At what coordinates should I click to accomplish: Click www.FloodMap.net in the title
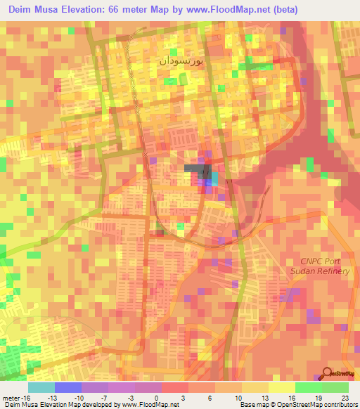click(x=224, y=10)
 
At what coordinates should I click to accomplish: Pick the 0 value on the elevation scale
click(x=156, y=397)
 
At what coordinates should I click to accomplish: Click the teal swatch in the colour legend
click(x=41, y=387)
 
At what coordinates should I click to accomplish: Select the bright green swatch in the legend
click(x=308, y=387)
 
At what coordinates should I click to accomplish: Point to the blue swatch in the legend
click(x=67, y=387)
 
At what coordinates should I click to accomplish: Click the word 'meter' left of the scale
click(x=10, y=397)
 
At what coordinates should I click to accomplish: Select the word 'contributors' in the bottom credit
click(x=340, y=405)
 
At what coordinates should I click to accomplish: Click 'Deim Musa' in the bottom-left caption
click(x=20, y=405)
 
